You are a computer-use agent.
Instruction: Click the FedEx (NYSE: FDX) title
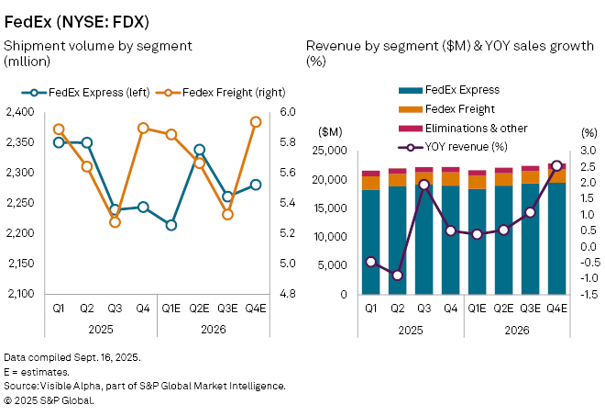77,19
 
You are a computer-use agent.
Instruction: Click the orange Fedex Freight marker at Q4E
257,121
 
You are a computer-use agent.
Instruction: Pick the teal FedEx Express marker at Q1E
170,224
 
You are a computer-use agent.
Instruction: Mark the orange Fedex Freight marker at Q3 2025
115,221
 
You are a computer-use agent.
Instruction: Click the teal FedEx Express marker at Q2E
200,150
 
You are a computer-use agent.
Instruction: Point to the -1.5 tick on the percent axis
588,295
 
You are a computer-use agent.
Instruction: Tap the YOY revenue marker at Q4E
556,165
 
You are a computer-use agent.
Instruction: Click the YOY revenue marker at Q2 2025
397,275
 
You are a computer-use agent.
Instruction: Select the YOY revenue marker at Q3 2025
423,185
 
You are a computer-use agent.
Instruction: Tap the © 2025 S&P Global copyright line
49,400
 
